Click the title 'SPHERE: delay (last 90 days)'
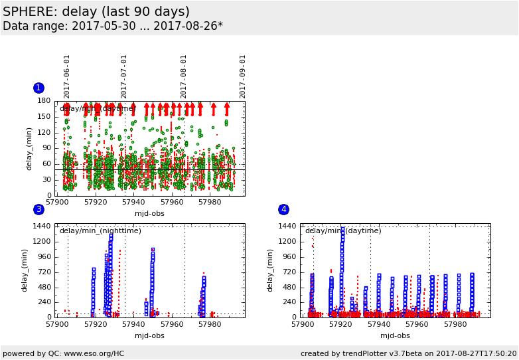point(96,12)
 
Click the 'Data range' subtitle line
point(113,27)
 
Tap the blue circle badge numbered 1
point(38,88)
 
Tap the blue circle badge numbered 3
point(38,209)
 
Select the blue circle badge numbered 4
point(283,209)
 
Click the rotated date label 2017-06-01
point(67,76)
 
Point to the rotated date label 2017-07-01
point(124,76)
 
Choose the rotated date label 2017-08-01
point(184,76)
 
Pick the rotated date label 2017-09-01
point(243,76)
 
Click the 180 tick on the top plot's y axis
point(44,101)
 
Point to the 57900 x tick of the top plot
point(57,202)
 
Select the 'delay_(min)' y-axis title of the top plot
point(29,148)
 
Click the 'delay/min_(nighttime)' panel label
point(100,231)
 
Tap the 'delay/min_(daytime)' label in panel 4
point(343,231)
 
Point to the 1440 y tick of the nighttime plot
point(42,226)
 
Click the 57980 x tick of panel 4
point(455,325)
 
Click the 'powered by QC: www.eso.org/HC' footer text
point(64,354)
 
